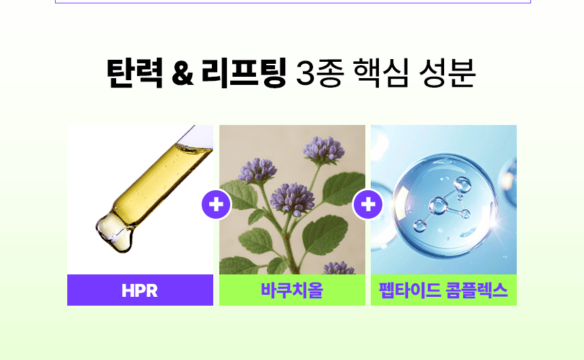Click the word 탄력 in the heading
(134, 74)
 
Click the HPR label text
(140, 291)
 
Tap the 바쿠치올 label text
(292, 291)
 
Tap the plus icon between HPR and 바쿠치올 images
(216, 204)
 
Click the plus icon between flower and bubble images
(368, 204)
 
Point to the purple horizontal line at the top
(292, 3)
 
